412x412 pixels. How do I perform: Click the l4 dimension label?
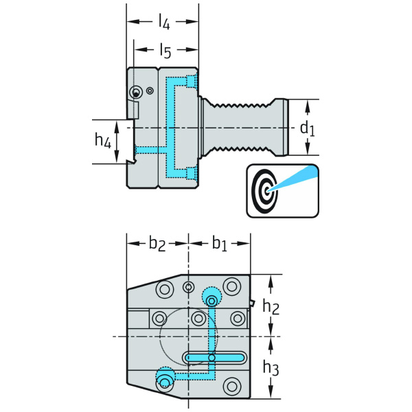pos(163,22)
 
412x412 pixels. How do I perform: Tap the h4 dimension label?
pos(102,141)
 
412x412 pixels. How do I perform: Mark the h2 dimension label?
pos(272,306)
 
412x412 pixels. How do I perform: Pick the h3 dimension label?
pos(272,368)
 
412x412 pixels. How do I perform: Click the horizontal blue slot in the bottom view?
pos(214,358)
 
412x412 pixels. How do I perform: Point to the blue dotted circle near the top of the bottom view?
pos(211,297)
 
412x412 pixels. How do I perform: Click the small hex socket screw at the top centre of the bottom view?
pos(188,286)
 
